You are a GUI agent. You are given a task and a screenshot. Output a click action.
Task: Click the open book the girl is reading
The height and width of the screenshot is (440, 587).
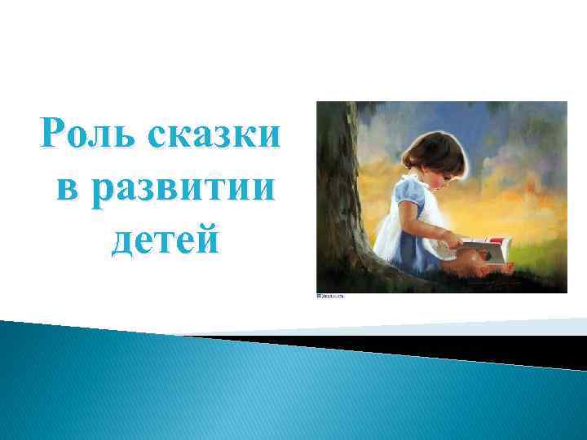pos(488,244)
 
